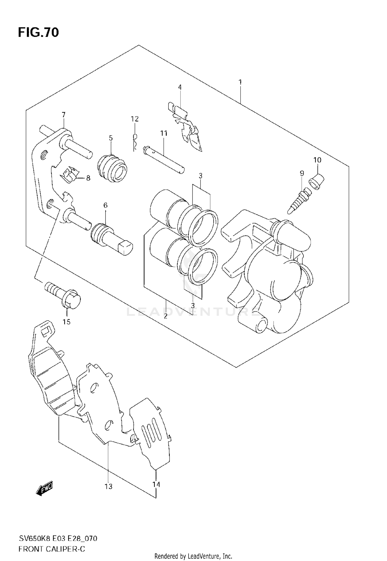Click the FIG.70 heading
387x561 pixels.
[x=38, y=33]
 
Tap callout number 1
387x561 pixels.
[x=240, y=82]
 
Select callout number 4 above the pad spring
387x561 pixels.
[x=180, y=87]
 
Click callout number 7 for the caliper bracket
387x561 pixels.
[x=63, y=114]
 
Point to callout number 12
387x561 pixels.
[x=135, y=119]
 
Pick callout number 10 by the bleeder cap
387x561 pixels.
[x=317, y=160]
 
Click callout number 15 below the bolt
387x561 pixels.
[x=67, y=322]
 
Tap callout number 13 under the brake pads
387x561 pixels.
[x=109, y=486]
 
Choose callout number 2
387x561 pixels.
[x=165, y=316]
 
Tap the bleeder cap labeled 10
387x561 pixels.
[x=316, y=182]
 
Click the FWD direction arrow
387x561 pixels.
[x=45, y=489]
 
